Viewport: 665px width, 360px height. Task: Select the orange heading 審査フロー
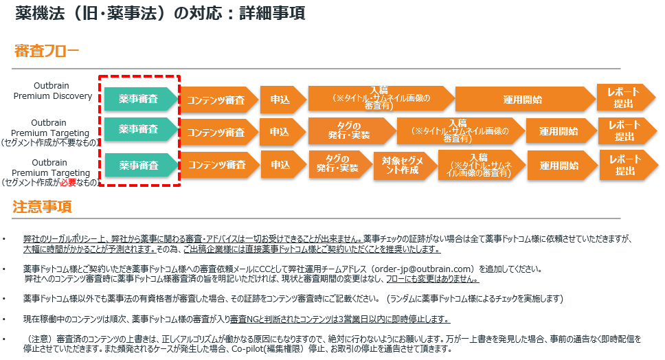[47, 51]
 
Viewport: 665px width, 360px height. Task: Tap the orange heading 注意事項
[42, 206]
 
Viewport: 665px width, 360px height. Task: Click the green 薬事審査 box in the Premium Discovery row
[138, 99]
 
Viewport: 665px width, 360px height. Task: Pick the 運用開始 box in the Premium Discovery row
[523, 99]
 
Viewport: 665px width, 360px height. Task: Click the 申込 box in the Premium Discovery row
[280, 100]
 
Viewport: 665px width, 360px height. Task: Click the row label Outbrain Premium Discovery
[53, 91]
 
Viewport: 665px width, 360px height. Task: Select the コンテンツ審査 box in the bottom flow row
[216, 165]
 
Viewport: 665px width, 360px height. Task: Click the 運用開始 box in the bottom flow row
[559, 166]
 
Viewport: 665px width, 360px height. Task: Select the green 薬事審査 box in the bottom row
[138, 166]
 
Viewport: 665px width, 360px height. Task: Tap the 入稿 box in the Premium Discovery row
[379, 98]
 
